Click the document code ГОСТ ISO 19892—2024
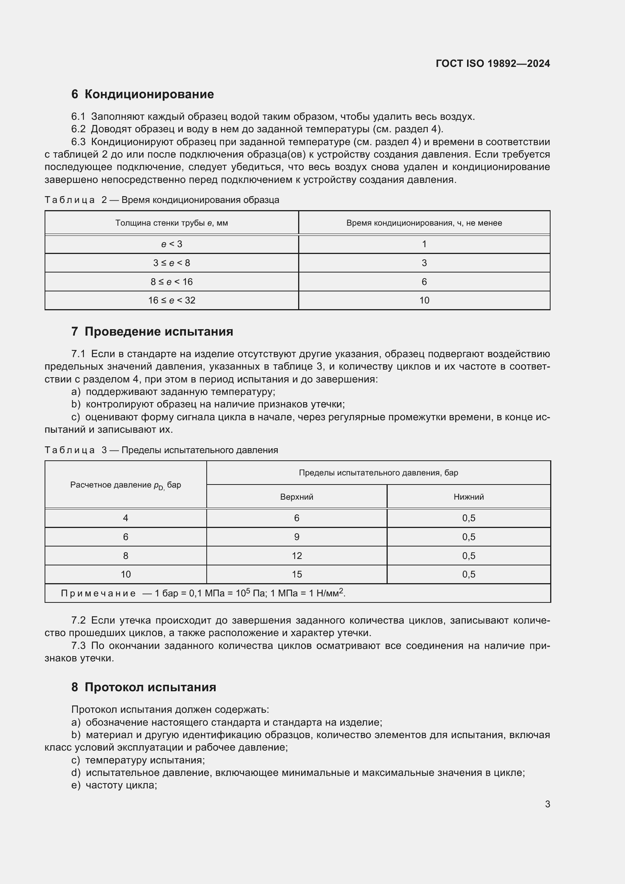click(493, 63)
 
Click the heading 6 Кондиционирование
click(142, 94)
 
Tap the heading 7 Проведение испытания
click(152, 331)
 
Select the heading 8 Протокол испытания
click(144, 687)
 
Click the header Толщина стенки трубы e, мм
click(172, 223)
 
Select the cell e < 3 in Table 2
click(172, 244)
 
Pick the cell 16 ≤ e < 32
click(172, 300)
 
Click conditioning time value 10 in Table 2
click(424, 300)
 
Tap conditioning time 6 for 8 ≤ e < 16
click(424, 282)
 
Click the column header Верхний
click(296, 497)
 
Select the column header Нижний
click(468, 497)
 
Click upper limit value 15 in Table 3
click(296, 574)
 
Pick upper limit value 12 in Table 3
click(296, 556)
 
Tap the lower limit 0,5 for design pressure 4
click(468, 518)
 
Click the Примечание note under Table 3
click(203, 593)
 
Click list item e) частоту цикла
click(114, 785)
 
